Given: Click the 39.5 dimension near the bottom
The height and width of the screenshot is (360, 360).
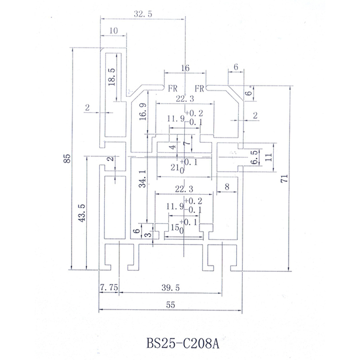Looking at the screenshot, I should (170, 288).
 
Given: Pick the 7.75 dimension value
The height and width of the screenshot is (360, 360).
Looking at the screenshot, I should (109, 288).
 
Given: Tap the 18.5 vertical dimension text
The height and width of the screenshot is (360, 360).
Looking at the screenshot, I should (111, 77).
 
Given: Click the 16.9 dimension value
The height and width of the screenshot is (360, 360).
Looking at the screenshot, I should (143, 113).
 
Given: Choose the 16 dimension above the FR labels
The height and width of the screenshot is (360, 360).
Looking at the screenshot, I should (185, 69).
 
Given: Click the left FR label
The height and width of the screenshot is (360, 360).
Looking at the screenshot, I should (172, 89).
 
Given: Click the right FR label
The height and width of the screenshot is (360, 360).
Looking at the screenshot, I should (200, 89).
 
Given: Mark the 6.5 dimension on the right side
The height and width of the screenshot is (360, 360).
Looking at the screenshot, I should (255, 156).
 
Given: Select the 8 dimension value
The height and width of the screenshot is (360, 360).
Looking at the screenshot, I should (227, 185).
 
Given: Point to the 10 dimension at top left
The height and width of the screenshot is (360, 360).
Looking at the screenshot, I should (113, 31).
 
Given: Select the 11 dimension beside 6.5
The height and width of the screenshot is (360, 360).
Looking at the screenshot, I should (269, 156).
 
